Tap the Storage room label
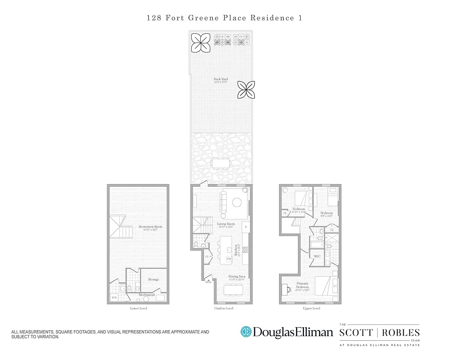153,279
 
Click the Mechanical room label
146,295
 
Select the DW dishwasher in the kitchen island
228,259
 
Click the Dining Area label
236,276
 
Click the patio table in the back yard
221,162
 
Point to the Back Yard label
220,80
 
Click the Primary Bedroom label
302,285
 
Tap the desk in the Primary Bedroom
287,289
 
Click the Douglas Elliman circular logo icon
246,332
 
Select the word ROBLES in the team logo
402,333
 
